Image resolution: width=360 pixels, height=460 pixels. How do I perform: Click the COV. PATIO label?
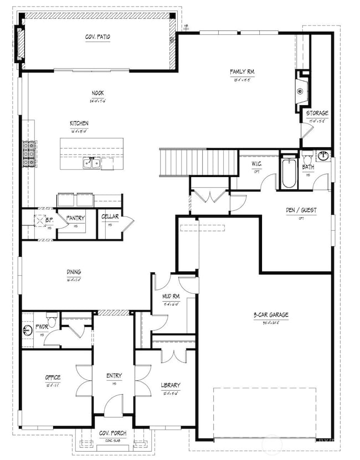pos(97,37)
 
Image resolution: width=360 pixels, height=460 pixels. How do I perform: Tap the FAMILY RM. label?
pos(241,71)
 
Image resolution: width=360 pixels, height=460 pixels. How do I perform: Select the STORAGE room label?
pos(317,113)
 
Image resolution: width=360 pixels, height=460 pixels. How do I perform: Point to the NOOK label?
pos(97,94)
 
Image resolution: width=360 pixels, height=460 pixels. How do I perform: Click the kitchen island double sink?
pos(91,163)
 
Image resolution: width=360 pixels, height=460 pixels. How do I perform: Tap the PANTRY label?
pos(75,219)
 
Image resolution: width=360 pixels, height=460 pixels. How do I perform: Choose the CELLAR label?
pos(110,218)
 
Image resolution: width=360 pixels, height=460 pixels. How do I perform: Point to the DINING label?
pos(74,272)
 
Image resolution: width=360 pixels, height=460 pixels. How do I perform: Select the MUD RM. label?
pos(171,296)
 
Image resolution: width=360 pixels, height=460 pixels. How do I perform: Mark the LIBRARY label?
pos(171,385)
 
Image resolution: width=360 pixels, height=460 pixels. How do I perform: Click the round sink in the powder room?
pos(28,330)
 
